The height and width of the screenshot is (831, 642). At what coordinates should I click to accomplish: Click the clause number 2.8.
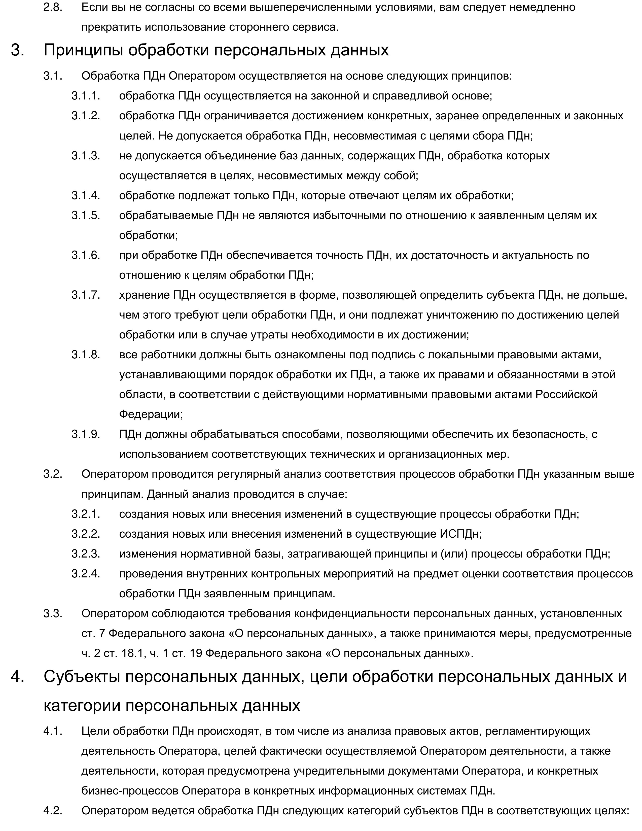53,7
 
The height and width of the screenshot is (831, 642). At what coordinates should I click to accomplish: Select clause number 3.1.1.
86,95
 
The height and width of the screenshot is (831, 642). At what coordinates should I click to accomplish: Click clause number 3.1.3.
86,156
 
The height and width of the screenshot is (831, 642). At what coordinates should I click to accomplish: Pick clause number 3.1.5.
86,215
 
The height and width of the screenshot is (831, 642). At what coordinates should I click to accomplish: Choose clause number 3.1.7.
86,295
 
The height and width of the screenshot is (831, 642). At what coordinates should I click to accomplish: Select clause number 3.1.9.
86,434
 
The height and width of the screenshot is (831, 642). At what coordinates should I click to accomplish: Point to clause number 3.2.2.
86,534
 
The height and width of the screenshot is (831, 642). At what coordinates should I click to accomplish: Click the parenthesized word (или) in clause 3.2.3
454,553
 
